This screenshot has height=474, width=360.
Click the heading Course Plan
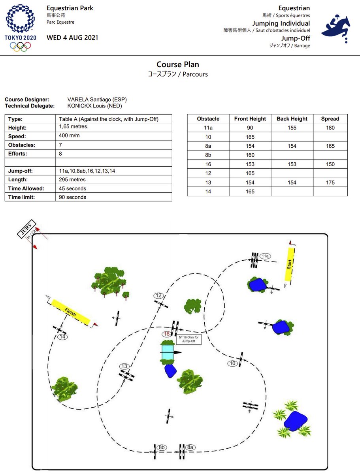coord(177,64)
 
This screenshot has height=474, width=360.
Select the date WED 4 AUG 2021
coord(72,38)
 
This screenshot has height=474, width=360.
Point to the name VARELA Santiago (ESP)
coord(97,100)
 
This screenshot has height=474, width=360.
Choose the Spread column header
coord(330,118)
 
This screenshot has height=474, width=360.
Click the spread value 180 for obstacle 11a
coord(330,128)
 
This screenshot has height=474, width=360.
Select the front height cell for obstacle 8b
coord(250,155)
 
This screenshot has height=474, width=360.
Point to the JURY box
coord(26,229)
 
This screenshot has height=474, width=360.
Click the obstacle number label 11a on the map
coord(265,256)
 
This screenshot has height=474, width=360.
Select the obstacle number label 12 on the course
coord(158,295)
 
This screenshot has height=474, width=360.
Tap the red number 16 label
coord(166,334)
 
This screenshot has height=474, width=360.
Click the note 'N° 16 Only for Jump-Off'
coord(189,339)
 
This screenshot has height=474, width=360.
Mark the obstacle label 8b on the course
coord(161,448)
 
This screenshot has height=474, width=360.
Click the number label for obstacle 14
coord(62,337)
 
